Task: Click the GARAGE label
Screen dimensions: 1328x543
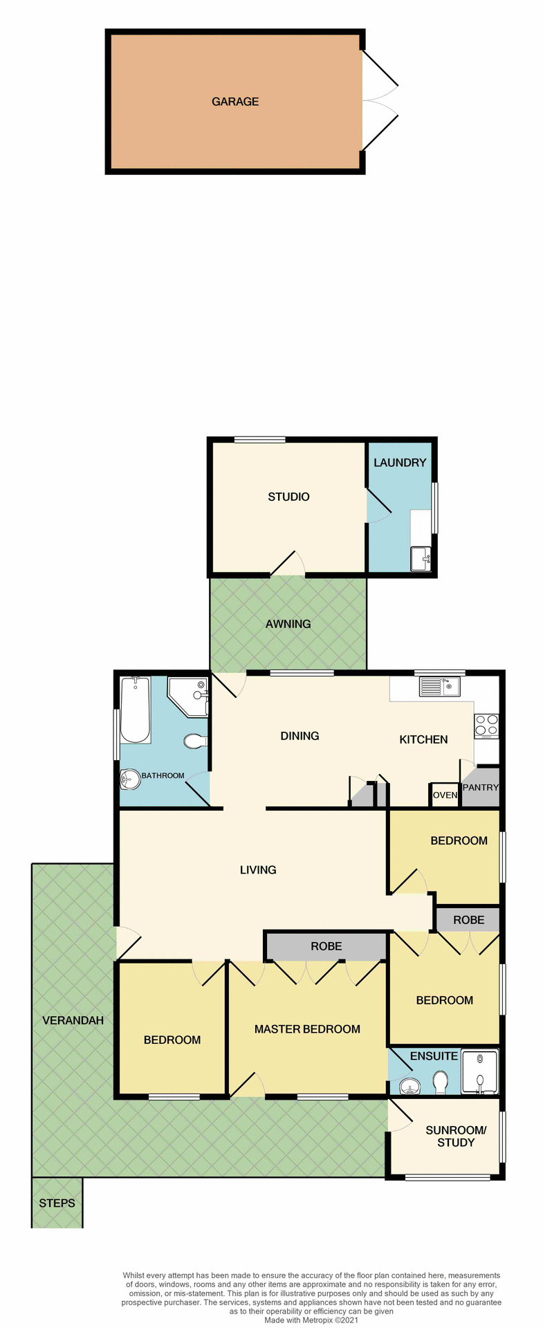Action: pos(235,102)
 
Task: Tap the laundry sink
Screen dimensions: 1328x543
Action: pos(420,557)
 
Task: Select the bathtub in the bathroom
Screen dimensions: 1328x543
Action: pos(136,710)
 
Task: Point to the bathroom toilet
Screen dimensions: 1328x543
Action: pos(195,741)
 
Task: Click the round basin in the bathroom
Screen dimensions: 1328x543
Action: pos(130,779)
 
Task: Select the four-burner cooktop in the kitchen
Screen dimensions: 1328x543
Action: pos(486,724)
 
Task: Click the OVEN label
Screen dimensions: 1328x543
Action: pos(445,795)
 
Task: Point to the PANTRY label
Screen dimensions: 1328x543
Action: pos(481,787)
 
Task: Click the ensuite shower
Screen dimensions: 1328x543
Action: pos(479,1073)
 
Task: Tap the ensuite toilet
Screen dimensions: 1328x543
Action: pos(441,1082)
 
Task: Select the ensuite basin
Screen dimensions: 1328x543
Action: pos(410,1087)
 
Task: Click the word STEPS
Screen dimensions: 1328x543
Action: pos(57,1203)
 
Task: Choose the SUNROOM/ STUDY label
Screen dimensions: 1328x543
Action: pos(456,1136)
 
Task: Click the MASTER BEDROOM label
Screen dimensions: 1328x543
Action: pos(307,1029)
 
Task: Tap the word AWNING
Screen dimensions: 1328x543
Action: pos(288,624)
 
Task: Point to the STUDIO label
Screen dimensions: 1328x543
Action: pos(288,497)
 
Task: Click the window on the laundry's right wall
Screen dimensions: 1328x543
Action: pos(434,508)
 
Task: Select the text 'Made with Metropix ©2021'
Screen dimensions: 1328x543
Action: pos(311,1320)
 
